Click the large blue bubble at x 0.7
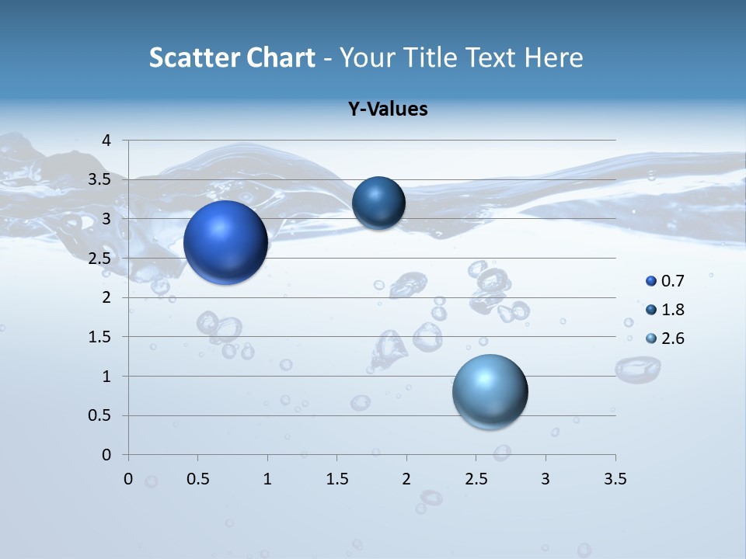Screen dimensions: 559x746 pyautogui.click(x=226, y=242)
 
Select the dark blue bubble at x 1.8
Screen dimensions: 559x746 pyautogui.click(x=378, y=203)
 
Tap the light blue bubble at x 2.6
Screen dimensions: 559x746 pyautogui.click(x=490, y=391)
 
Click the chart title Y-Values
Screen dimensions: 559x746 pyautogui.click(x=388, y=109)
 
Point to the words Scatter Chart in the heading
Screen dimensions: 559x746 pyautogui.click(x=232, y=57)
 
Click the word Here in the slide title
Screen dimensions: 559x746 pyautogui.click(x=554, y=57)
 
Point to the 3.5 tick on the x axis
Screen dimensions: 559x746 pyautogui.click(x=615, y=479)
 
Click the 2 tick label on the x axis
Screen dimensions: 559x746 pyautogui.click(x=406, y=479)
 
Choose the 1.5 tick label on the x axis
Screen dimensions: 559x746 pyautogui.click(x=336, y=479)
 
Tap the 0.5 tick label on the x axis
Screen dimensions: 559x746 pyautogui.click(x=197, y=479)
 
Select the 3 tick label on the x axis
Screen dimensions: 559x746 pyautogui.click(x=546, y=479)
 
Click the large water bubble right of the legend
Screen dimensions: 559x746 pyautogui.click(x=638, y=369)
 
